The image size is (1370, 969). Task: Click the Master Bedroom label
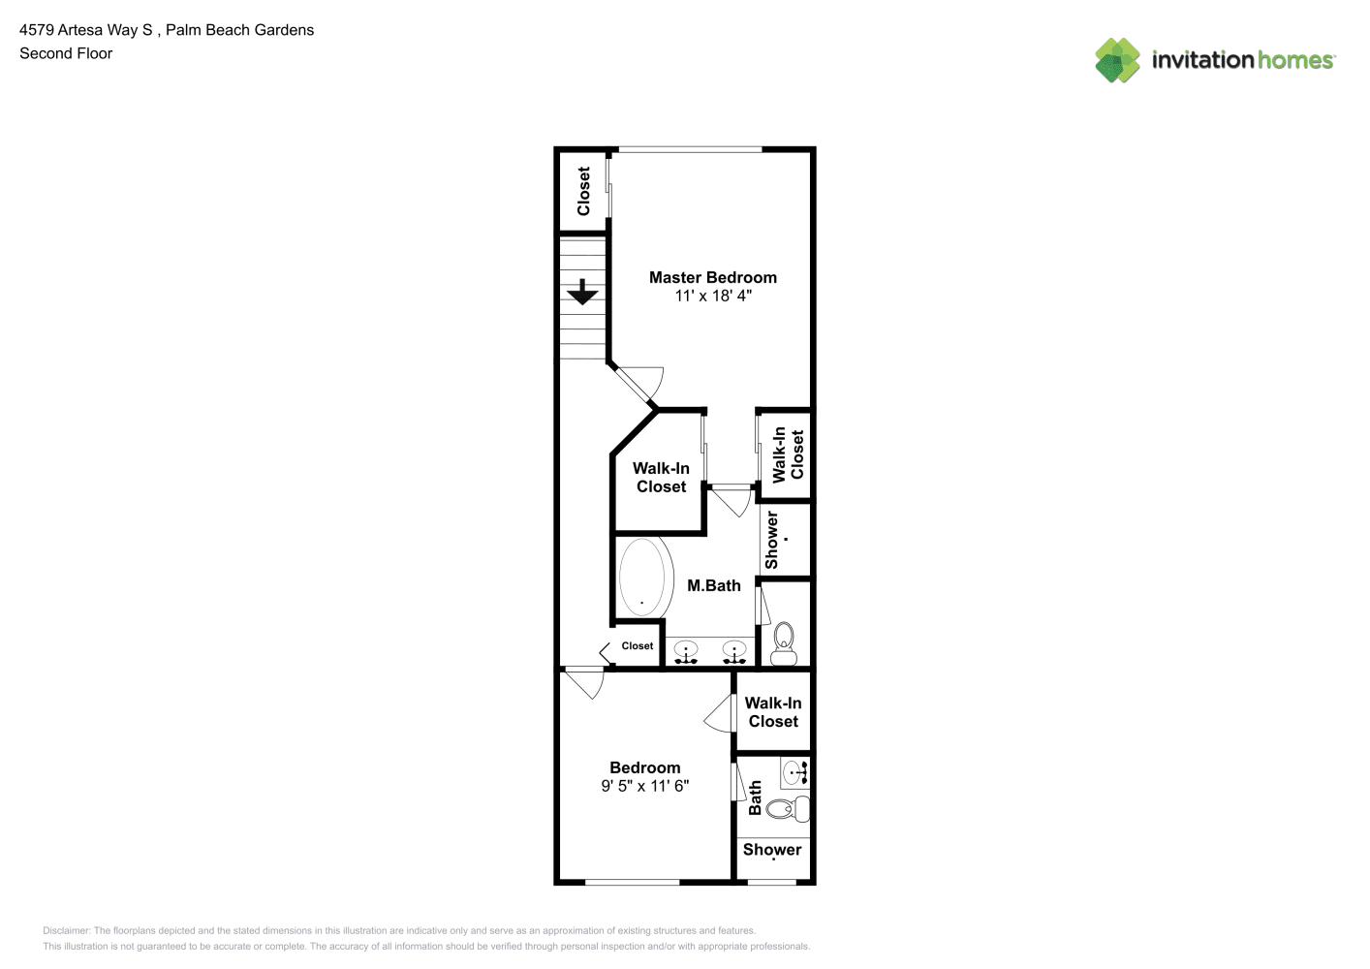click(712, 278)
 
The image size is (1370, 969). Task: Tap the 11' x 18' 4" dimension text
click(713, 297)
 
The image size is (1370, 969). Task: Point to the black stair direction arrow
click(582, 292)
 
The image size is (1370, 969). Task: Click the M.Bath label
click(714, 586)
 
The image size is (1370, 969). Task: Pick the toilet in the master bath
click(784, 643)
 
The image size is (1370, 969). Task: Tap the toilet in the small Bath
click(788, 809)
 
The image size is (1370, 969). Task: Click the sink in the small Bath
click(795, 772)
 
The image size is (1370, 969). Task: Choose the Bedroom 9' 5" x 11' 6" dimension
click(644, 786)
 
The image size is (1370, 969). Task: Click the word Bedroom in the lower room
click(644, 767)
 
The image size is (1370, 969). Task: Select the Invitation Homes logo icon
click(1117, 60)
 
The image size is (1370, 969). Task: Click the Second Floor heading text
click(66, 53)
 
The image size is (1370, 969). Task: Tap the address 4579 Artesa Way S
click(85, 30)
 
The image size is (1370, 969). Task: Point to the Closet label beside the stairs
click(583, 191)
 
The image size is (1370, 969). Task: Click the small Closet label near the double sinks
click(638, 646)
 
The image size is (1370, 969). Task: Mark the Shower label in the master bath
click(771, 540)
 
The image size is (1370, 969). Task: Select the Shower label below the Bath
click(772, 850)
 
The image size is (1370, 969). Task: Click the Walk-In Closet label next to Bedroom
click(773, 712)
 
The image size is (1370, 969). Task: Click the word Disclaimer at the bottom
click(66, 930)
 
